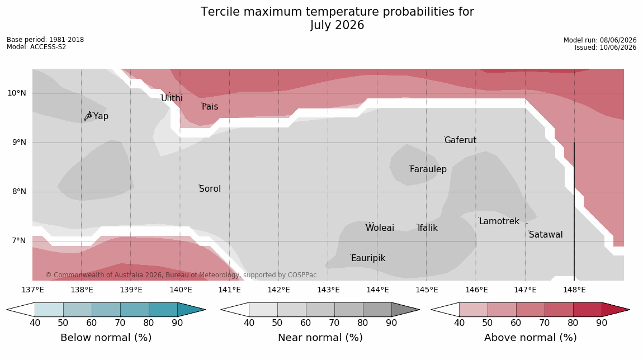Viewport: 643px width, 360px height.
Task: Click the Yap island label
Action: [101, 116]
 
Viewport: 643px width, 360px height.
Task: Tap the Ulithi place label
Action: [172, 98]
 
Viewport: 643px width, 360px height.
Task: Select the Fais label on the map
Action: [210, 107]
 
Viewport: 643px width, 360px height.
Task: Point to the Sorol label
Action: [210, 188]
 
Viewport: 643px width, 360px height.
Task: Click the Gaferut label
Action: [461, 140]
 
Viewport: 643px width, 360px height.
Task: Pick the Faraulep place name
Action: [428, 169]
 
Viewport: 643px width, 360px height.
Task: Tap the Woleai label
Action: [380, 228]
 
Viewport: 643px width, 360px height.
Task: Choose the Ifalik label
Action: [428, 228]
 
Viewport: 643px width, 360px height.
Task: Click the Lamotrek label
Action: [499, 221]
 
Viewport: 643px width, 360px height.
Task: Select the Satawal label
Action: [546, 235]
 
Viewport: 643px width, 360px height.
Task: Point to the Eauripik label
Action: [368, 258]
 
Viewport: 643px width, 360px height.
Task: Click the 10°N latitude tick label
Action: [17, 93]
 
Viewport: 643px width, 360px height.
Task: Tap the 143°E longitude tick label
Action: [328, 290]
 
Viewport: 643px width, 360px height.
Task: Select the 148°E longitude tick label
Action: [574, 290]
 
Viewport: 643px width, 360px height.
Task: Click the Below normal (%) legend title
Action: [106, 338]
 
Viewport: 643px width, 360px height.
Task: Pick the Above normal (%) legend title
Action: [530, 338]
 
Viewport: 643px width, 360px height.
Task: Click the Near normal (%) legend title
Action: [320, 338]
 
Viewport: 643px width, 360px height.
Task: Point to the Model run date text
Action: [600, 40]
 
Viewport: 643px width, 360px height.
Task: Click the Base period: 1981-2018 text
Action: [45, 40]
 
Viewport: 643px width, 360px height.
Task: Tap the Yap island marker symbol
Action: [88, 116]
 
